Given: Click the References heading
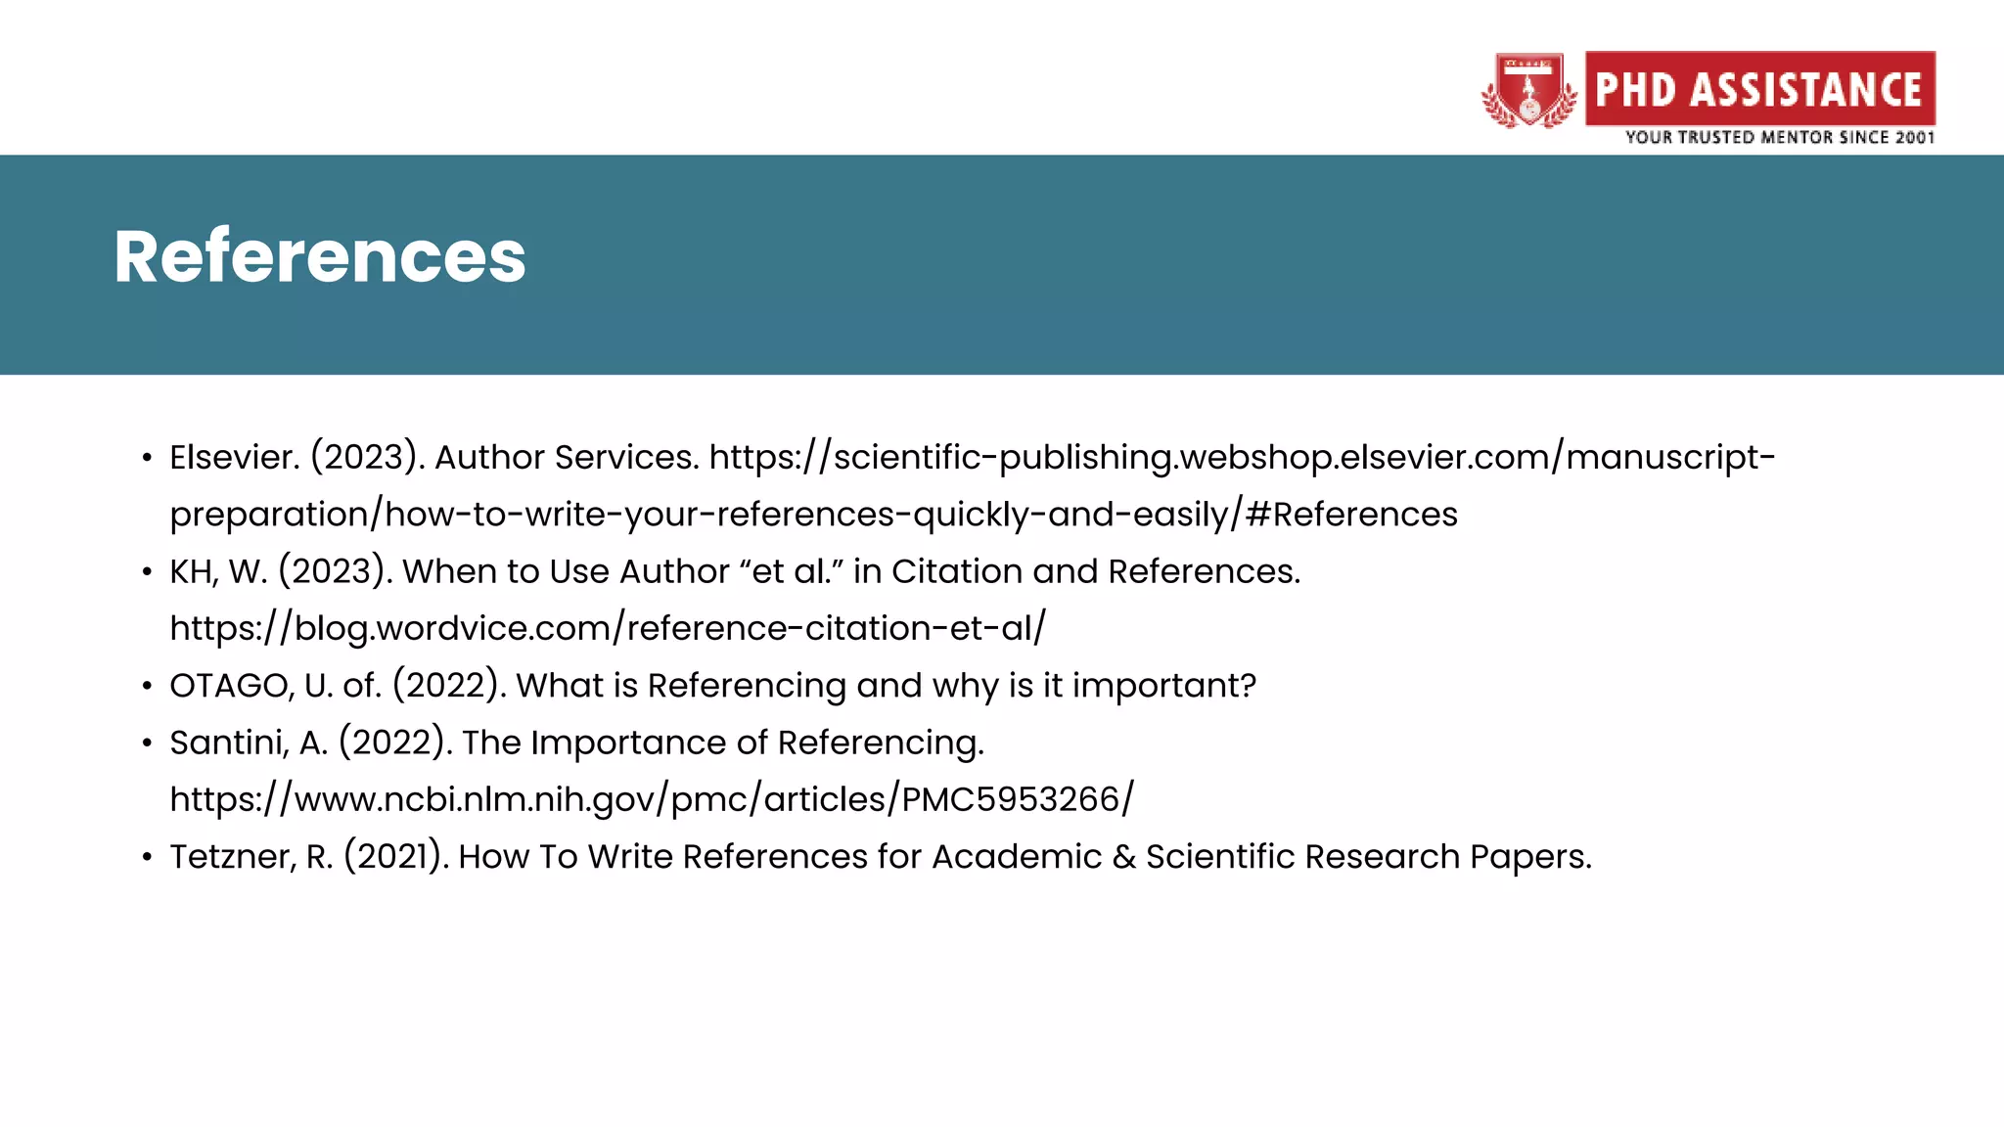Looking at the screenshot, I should pos(320,256).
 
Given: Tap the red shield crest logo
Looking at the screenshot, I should pos(1528,91).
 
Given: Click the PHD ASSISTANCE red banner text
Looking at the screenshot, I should pos(1759,89).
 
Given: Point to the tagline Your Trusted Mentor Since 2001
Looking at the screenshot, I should pos(1779,138).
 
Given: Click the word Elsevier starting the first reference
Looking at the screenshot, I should pos(234,457).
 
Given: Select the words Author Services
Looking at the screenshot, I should pos(566,457).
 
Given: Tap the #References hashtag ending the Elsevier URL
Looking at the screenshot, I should pos(1351,515).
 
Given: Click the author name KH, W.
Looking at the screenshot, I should pos(217,571).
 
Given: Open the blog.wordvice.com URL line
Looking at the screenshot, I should pos(607,628).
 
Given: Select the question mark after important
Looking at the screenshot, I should pos(1248,686).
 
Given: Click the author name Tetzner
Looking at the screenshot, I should pos(232,857).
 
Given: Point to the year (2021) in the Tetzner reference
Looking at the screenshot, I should pos(395,857).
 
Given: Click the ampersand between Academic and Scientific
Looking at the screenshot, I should pos(1123,857).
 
